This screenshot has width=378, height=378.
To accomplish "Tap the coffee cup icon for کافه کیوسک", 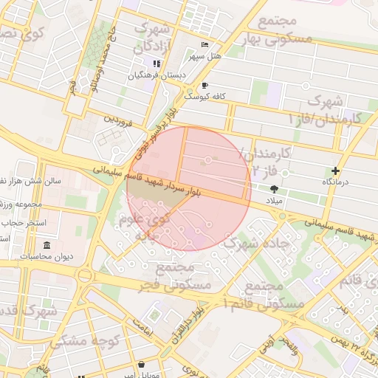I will point(205,86).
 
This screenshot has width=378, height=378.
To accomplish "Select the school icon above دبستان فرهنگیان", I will point(157,64).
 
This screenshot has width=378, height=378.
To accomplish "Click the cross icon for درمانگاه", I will point(336,171).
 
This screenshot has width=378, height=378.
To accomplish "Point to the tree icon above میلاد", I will point(275,189).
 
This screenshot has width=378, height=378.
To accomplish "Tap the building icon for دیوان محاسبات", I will point(47,245).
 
